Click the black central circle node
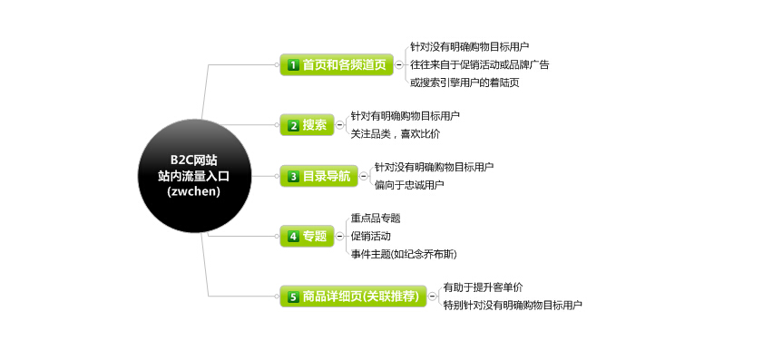pos(193,175)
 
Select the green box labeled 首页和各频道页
pos(336,64)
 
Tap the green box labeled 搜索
pos(307,125)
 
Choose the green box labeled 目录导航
pos(318,176)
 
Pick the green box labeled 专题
pos(306,236)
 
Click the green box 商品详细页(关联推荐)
pos(353,296)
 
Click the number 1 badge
pos(293,65)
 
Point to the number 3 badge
pos(293,177)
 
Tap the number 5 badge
pos(293,297)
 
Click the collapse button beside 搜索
pos(340,125)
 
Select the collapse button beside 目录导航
pos(364,176)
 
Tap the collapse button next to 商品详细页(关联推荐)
pos(433,296)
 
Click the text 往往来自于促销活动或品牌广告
pos(479,64)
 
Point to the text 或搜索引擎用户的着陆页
pos(465,83)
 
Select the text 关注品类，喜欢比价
pos(395,133)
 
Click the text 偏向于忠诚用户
pos(409,185)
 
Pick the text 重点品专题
pos(376,219)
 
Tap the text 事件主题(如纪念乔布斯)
pos(404,254)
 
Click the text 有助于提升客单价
pos(483,287)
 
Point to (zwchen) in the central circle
pos(193,191)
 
